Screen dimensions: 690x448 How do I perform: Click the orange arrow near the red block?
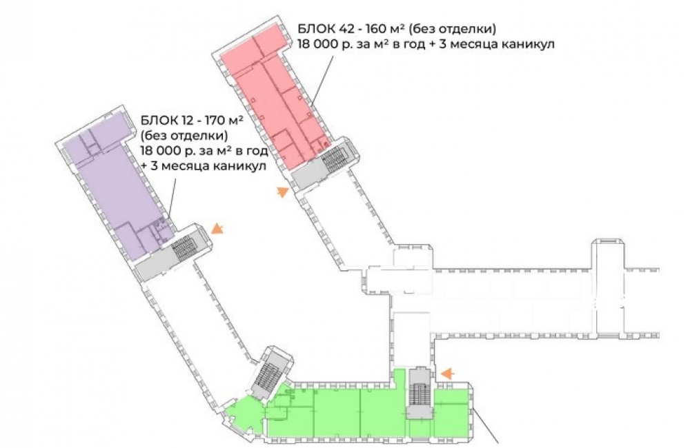pyautogui.click(x=282, y=192)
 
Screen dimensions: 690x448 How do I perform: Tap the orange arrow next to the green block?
pyautogui.click(x=448, y=374)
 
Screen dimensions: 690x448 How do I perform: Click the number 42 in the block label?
pyautogui.click(x=346, y=29)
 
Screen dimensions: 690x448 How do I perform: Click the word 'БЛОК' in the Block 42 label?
pyautogui.click(x=316, y=29)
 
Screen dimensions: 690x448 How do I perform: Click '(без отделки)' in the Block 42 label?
pyautogui.click(x=452, y=29)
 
